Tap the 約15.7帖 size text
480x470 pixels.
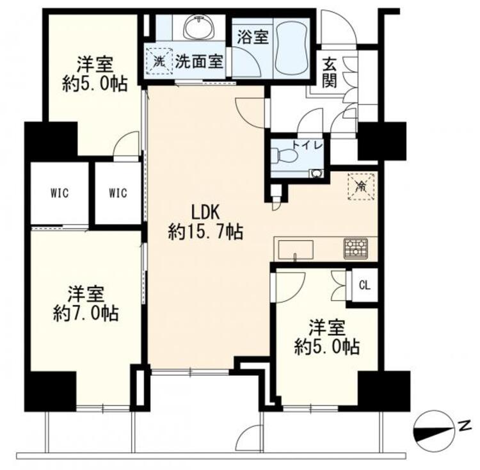pos(205,232)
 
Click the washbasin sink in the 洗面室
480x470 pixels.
pos(198,28)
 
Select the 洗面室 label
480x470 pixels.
pos(199,62)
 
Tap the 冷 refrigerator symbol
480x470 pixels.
pos(360,187)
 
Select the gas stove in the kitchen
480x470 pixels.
pos(356,248)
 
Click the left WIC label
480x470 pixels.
pos(60,192)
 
